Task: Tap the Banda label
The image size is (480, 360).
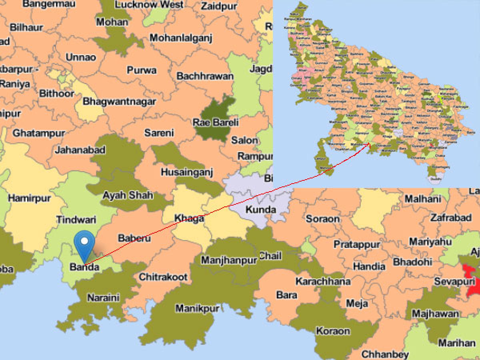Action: click(84, 267)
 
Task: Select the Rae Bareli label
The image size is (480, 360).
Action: click(216, 122)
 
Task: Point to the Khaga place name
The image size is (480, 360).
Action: click(189, 218)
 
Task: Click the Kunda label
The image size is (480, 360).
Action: click(260, 209)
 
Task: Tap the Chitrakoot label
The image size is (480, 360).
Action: click(163, 277)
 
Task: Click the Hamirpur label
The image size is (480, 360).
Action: click(29, 198)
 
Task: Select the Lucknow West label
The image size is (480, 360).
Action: click(149, 5)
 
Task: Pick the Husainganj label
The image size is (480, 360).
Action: click(187, 172)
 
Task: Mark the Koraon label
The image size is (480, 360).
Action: click(333, 331)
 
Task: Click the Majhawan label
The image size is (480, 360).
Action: click(435, 313)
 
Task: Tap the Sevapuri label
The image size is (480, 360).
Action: click(453, 282)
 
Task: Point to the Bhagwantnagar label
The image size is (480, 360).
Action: click(119, 102)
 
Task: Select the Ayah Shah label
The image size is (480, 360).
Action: click(128, 195)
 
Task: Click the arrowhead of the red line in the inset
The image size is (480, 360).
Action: click(368, 146)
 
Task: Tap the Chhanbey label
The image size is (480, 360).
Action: click(385, 354)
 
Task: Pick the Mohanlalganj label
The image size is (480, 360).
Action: click(181, 38)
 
